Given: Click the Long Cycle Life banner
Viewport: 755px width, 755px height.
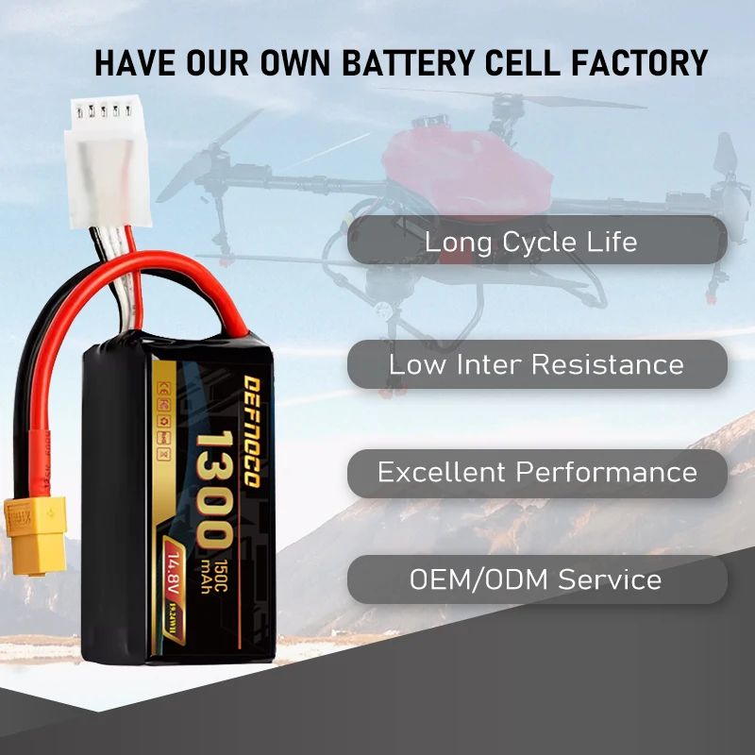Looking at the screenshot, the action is point(537,241).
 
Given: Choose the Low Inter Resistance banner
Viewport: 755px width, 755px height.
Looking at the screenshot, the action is point(537,364).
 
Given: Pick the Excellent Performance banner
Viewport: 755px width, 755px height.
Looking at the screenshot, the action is point(537,473).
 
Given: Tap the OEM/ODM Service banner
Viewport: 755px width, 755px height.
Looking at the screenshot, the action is point(537,579).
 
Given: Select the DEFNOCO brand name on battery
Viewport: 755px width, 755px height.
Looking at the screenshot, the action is point(252,430).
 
